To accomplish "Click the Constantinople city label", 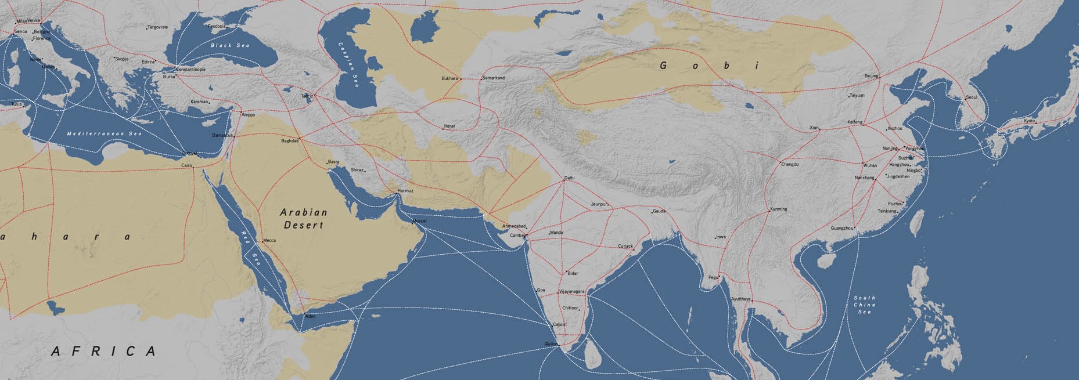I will tap(191, 70).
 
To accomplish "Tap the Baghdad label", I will tap(289, 141).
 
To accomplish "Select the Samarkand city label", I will tap(494, 78).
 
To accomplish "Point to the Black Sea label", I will tap(230, 45).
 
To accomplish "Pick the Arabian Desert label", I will tap(304, 219).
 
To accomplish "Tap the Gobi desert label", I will tap(709, 66).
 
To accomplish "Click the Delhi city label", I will tap(569, 177).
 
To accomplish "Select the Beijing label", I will tap(871, 76).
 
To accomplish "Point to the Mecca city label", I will tap(269, 240).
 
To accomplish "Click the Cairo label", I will tap(186, 166).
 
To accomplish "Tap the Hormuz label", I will tap(405, 191).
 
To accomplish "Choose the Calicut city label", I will tap(559, 324).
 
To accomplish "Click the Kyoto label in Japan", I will tap(1029, 121).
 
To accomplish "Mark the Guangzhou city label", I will tap(841, 228).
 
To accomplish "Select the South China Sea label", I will tap(864, 305).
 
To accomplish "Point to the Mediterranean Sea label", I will tap(105, 133).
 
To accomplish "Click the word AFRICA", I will tap(104, 351).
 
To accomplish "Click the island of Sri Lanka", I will tap(592, 352).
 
